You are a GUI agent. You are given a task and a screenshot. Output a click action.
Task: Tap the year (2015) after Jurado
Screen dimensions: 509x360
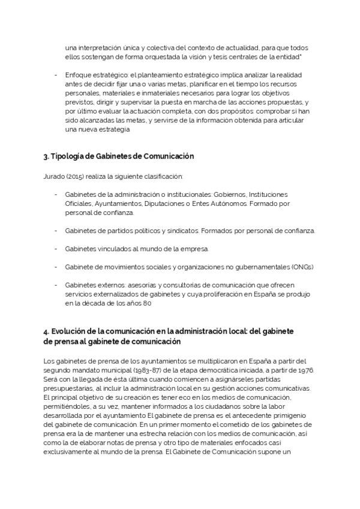click(77, 177)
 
